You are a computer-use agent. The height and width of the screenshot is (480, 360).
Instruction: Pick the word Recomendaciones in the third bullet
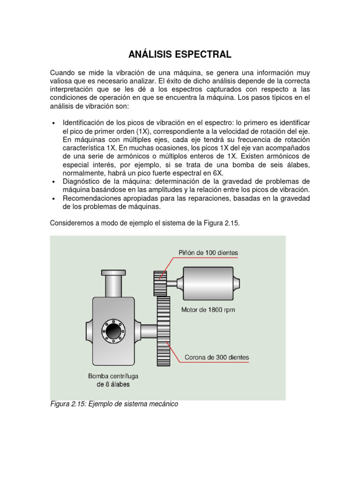pyautogui.click(x=90, y=199)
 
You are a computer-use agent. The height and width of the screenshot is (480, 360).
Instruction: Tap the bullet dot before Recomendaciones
pyautogui.click(x=54, y=199)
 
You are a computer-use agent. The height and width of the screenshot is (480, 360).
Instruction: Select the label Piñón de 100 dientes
pyautogui.click(x=208, y=253)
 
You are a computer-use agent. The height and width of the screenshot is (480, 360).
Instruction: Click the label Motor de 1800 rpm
pyautogui.click(x=208, y=310)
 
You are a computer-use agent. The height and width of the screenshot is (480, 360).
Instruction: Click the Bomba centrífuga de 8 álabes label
pyautogui.click(x=113, y=380)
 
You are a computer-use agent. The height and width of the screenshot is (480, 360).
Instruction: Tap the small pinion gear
pyautogui.click(x=160, y=283)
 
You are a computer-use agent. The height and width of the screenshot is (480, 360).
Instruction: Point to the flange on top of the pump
pyautogui.click(x=113, y=272)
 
